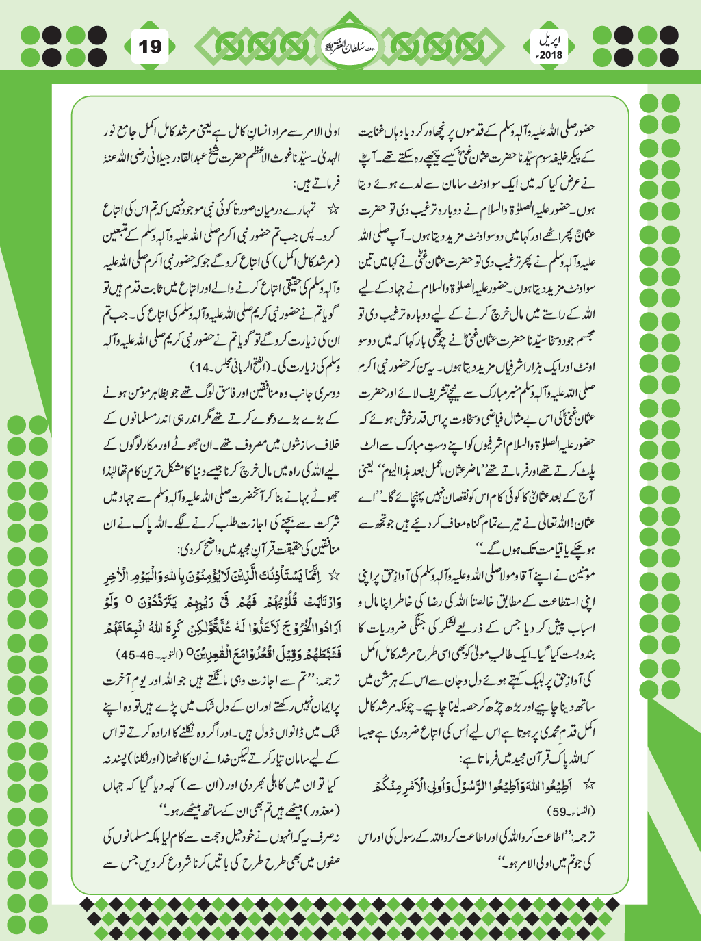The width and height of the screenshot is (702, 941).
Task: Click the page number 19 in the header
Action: (x=150, y=47)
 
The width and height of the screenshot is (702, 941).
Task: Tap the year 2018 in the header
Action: (x=549, y=55)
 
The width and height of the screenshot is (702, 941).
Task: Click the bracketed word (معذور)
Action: (x=320, y=812)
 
